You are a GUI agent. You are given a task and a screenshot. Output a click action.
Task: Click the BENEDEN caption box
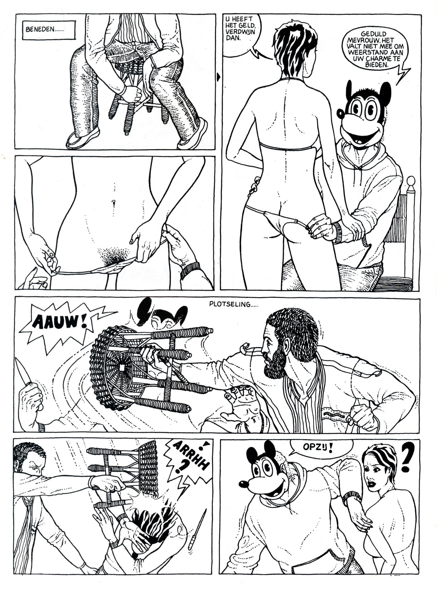pos(49,30)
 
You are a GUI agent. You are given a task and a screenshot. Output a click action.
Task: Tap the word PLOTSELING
pos(231,304)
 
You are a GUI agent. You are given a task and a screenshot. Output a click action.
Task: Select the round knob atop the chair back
pos(411,182)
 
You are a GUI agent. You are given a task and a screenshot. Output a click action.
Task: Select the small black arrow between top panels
pos(218,76)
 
